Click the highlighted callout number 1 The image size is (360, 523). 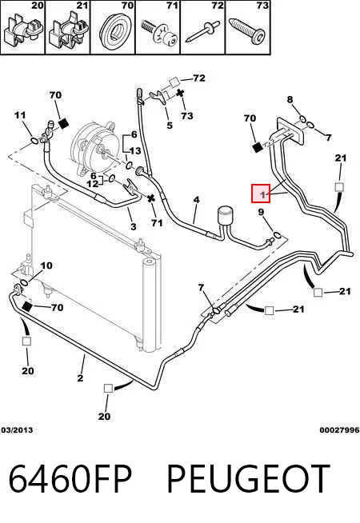click(x=261, y=194)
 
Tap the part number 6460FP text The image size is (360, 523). click(x=70, y=478)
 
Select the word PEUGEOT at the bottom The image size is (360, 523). click(x=248, y=478)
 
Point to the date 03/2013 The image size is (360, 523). click(x=17, y=430)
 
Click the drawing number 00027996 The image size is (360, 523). click(x=339, y=430)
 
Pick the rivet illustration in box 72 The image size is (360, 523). click(x=202, y=32)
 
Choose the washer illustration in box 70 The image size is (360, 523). click(x=113, y=30)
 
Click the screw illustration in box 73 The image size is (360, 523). click(x=247, y=30)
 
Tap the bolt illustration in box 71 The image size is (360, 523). click(x=159, y=32)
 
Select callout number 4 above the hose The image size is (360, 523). click(x=196, y=200)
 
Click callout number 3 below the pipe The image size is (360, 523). click(x=134, y=227)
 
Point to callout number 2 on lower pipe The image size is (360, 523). click(x=80, y=378)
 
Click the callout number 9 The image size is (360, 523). click(x=261, y=212)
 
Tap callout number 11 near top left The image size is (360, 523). click(x=20, y=115)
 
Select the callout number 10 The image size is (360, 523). click(x=46, y=265)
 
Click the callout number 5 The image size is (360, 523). click(x=170, y=126)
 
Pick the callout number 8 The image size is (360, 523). click(x=290, y=99)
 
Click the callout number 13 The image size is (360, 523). click(x=134, y=151)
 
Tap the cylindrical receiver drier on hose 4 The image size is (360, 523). click(x=224, y=218)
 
